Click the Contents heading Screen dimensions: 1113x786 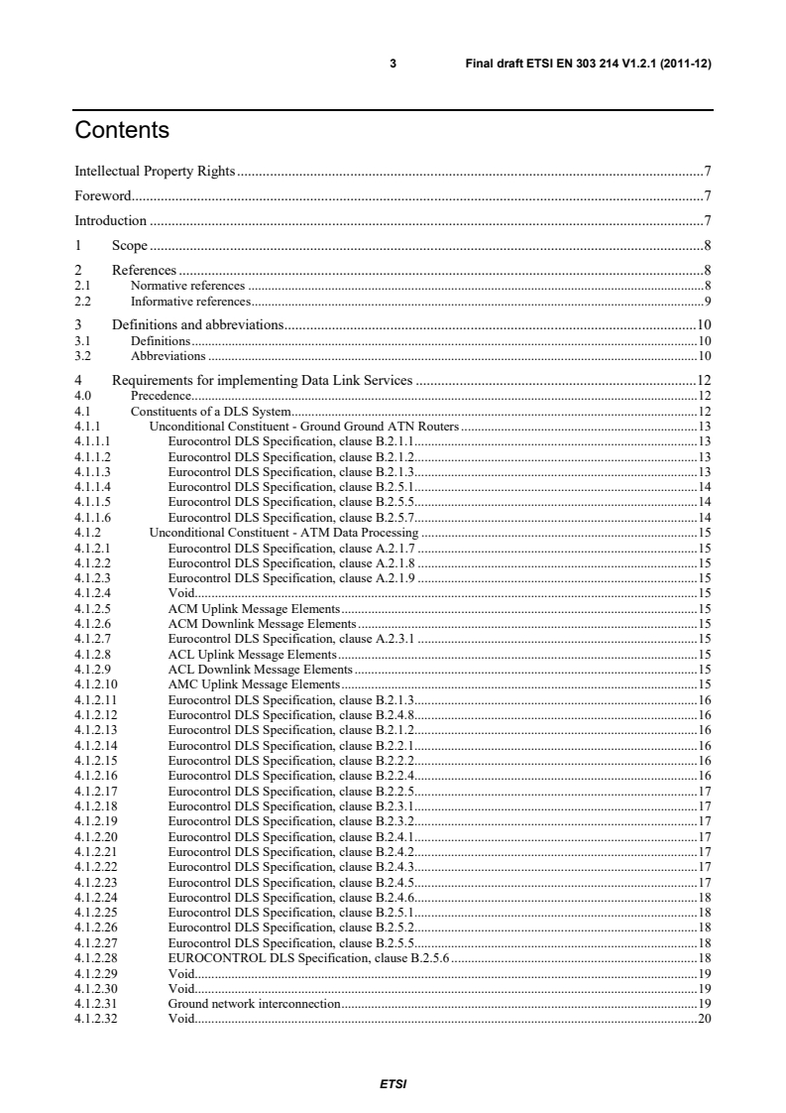coord(122,131)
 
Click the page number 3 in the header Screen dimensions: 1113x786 coord(393,63)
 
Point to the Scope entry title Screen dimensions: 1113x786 coord(129,245)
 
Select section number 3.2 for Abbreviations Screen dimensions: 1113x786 coord(82,355)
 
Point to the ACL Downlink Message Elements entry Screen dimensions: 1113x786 coord(261,670)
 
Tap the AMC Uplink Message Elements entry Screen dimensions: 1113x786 coord(254,683)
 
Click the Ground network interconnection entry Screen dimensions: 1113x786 coord(254,1004)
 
